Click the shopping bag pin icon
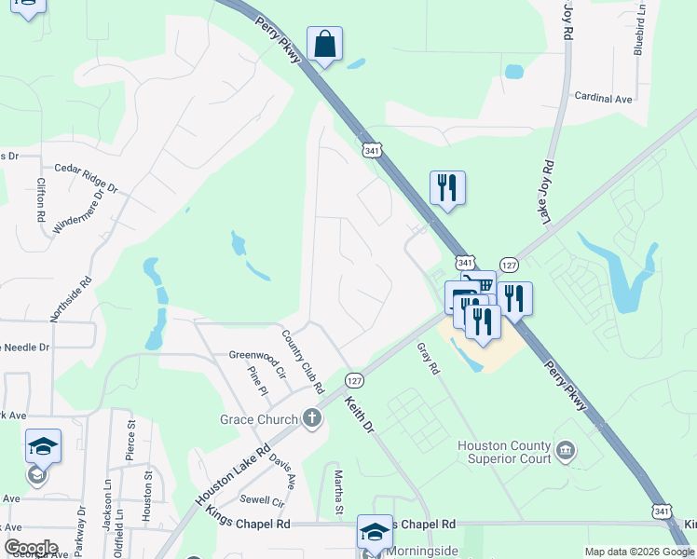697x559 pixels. click(x=324, y=44)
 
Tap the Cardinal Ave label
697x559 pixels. click(x=603, y=97)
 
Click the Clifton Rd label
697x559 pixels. click(x=41, y=199)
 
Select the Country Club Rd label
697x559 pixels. click(x=303, y=361)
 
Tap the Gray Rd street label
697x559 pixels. click(x=428, y=358)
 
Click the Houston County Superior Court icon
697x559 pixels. click(x=566, y=453)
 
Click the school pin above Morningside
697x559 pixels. click(x=375, y=532)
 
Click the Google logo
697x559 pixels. click(x=30, y=548)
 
